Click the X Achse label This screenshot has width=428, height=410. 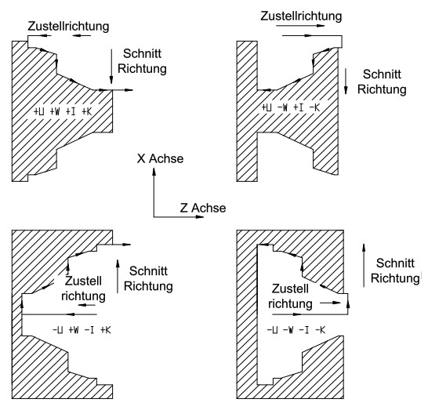(160, 158)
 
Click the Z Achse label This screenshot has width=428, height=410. (203, 208)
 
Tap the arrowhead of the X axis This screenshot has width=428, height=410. (154, 172)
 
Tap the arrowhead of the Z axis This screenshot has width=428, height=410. (200, 217)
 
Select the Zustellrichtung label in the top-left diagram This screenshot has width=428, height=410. (68, 27)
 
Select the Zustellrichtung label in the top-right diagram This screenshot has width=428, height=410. (301, 16)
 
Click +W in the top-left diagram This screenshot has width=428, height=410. (55, 111)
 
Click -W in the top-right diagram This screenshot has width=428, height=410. (282, 107)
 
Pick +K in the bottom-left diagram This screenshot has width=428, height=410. (106, 330)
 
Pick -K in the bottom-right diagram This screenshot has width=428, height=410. (320, 330)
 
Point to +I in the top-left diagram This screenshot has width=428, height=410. (71, 111)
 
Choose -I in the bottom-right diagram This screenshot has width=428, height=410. (304, 330)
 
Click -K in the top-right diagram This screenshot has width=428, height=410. (314, 107)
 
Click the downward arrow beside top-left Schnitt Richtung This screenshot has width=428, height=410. (111, 67)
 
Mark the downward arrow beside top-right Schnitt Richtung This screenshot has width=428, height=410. (346, 82)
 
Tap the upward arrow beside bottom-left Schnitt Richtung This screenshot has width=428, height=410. (118, 276)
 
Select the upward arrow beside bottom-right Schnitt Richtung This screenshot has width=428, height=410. (364, 265)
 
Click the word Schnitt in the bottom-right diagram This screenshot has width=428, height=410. (395, 263)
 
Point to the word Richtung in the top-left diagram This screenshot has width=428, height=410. (142, 69)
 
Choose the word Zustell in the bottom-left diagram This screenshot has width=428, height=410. (83, 281)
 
